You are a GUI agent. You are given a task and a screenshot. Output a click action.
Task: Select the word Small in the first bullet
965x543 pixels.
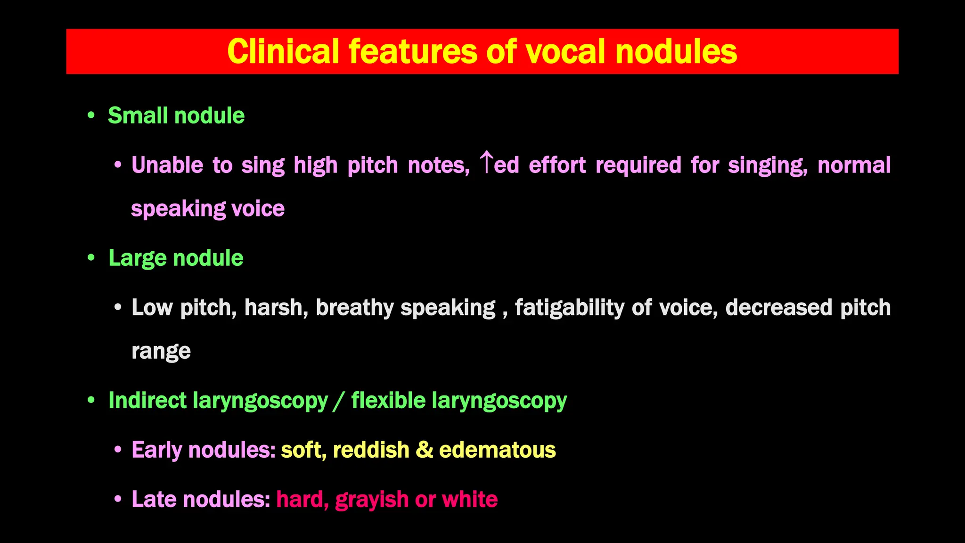[x=138, y=115]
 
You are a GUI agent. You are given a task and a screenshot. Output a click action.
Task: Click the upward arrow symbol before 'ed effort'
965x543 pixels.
[x=486, y=163]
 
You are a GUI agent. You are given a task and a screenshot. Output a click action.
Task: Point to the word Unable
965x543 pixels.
[x=167, y=165]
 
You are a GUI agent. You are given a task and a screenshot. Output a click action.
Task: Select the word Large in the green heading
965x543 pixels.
[x=137, y=258]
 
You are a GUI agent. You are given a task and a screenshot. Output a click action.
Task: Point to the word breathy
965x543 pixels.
[x=354, y=308]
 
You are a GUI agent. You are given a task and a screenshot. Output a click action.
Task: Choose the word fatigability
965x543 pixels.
[x=569, y=308]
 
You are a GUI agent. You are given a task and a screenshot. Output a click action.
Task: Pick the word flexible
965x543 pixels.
[x=388, y=401]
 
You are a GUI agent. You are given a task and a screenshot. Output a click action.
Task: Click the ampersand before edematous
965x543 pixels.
[x=424, y=450]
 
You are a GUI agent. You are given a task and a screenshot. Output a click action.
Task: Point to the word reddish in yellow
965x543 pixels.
[x=371, y=450]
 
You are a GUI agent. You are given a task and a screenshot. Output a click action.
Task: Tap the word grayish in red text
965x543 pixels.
[x=372, y=500]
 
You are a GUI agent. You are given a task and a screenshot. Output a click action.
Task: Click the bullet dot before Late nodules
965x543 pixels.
[x=118, y=499]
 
